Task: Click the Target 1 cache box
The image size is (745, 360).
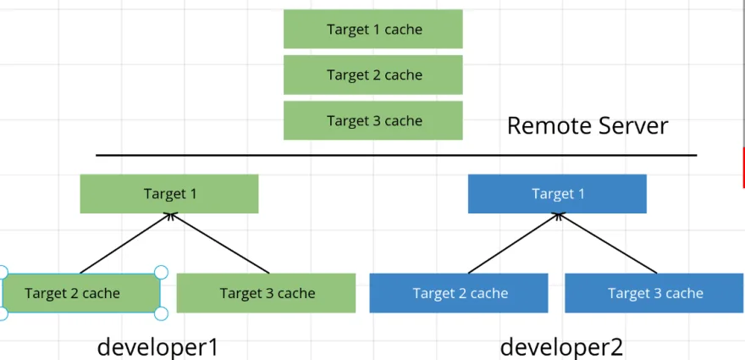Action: pyautogui.click(x=372, y=30)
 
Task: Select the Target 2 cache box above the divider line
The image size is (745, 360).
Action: pyautogui.click(x=372, y=75)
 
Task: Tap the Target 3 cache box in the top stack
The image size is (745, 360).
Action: pyautogui.click(x=372, y=120)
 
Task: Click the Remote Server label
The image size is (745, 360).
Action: pyautogui.click(x=587, y=126)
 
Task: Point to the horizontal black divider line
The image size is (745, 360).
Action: pyautogui.click(x=396, y=156)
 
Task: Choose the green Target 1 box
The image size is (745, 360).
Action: pyautogui.click(x=169, y=194)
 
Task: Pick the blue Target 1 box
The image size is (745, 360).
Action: pyautogui.click(x=557, y=194)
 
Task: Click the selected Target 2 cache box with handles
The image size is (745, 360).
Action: pyautogui.click(x=80, y=293)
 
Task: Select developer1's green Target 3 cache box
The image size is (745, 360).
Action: pyautogui.click(x=266, y=293)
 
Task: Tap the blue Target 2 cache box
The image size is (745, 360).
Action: pyautogui.click(x=460, y=293)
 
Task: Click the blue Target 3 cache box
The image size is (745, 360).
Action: pyautogui.click(x=654, y=293)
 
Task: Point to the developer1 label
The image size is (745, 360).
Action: pyautogui.click(x=157, y=346)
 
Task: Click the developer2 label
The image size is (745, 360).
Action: pyautogui.click(x=561, y=346)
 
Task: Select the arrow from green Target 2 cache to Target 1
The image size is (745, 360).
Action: pyautogui.click(x=124, y=244)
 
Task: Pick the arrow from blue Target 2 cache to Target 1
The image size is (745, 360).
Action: pyautogui.click(x=513, y=244)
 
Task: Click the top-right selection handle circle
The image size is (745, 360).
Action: pyautogui.click(x=161, y=272)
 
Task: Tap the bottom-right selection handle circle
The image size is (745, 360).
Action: pyautogui.click(x=161, y=313)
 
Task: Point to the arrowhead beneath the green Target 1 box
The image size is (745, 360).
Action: pyautogui.click(x=170, y=217)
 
